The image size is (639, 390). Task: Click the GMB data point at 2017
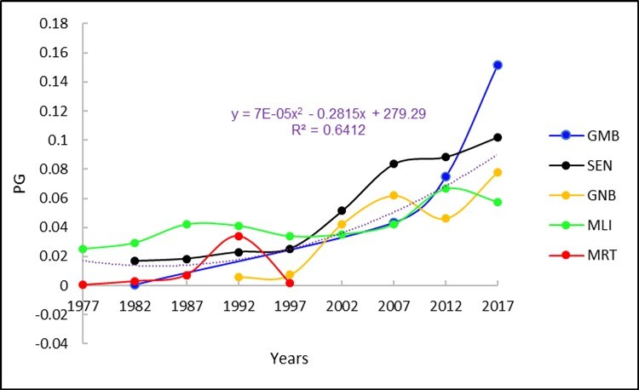497,65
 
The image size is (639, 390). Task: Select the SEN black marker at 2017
497,137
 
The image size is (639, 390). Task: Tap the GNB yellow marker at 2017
497,172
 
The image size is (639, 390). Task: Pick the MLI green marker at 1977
83,249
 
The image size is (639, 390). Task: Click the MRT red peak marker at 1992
239,235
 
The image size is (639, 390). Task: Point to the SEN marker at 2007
394,163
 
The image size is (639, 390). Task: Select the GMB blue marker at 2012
446,176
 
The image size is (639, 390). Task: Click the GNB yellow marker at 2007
394,195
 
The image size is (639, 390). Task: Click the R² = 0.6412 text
316,129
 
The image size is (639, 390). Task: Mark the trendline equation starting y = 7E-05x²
316,113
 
